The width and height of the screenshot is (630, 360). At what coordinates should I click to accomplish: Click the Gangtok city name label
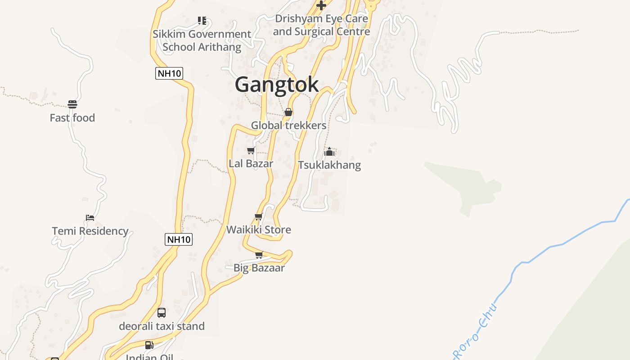pyautogui.click(x=277, y=85)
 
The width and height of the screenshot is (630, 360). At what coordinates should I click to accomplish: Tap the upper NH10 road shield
pyautogui.click(x=169, y=73)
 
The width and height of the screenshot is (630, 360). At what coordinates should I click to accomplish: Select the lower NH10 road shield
pyautogui.click(x=179, y=239)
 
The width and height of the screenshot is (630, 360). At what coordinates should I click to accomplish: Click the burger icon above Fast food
pyautogui.click(x=72, y=104)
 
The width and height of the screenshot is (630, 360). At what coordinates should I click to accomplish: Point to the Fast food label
pyautogui.click(x=72, y=118)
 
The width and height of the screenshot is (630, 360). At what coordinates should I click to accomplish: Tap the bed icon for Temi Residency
pyautogui.click(x=90, y=218)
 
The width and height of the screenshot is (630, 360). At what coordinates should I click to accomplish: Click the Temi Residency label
pyautogui.click(x=90, y=231)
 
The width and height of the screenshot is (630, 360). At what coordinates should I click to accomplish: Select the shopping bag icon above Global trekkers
pyautogui.click(x=288, y=112)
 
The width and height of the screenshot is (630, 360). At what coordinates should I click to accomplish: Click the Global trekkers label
pyautogui.click(x=288, y=125)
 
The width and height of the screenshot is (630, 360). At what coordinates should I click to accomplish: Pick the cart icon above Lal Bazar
pyautogui.click(x=251, y=150)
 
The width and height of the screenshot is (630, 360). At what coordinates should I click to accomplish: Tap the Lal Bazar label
pyautogui.click(x=251, y=163)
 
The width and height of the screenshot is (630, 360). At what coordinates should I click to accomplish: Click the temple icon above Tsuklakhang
pyautogui.click(x=329, y=152)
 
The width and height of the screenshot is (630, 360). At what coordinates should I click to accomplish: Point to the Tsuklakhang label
pyautogui.click(x=329, y=165)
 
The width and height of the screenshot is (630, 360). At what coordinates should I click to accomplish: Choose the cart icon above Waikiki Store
pyautogui.click(x=259, y=217)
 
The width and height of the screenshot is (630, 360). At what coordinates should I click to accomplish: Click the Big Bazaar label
pyautogui.click(x=259, y=268)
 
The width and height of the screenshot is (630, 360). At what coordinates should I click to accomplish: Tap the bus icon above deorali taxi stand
pyautogui.click(x=162, y=313)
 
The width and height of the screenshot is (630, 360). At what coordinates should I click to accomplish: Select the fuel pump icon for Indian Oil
pyautogui.click(x=149, y=345)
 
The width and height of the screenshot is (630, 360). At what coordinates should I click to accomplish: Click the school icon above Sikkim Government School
pyautogui.click(x=202, y=21)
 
